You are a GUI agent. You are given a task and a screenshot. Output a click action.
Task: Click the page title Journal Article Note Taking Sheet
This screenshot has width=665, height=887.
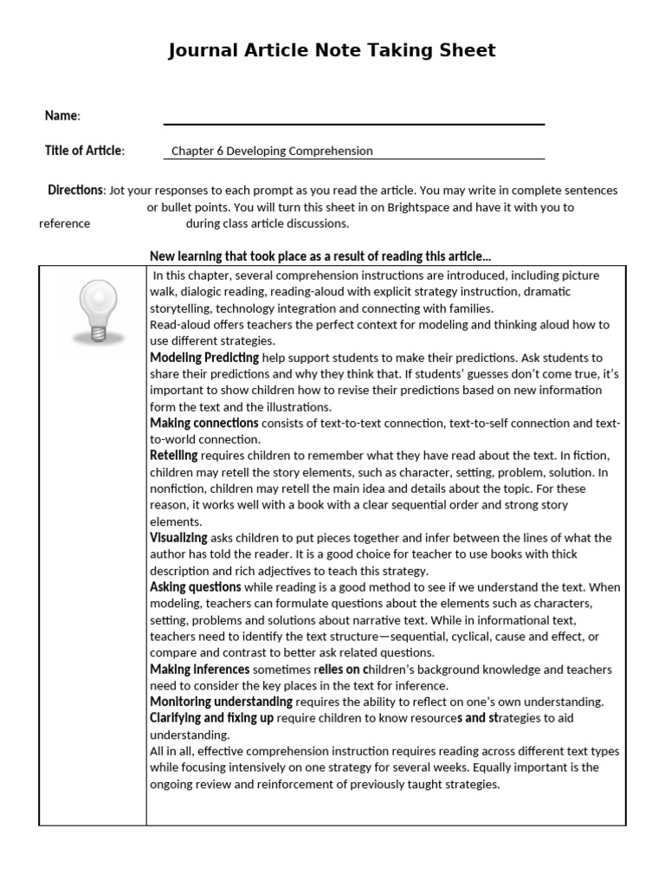[x=332, y=50]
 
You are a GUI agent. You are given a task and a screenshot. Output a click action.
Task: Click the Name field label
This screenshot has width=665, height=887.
[x=62, y=116]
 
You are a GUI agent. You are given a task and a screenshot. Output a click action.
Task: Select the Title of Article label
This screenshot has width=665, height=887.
[x=84, y=151]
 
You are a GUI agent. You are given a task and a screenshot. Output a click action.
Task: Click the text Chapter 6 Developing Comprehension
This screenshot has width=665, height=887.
[x=272, y=151]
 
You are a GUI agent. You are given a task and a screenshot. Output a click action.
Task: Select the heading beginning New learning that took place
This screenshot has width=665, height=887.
[x=320, y=256]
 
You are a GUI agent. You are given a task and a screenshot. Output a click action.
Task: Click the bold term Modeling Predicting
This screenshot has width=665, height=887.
[x=204, y=358]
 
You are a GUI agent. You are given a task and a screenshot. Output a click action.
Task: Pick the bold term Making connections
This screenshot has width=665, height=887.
[x=204, y=424]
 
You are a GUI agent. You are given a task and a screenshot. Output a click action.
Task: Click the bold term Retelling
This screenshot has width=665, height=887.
[x=174, y=456]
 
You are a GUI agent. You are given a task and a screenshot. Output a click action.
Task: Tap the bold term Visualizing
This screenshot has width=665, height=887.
[x=178, y=538]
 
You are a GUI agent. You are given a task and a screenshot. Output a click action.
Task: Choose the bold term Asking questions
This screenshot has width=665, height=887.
[x=196, y=587]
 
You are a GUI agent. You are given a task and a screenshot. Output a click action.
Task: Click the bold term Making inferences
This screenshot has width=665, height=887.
[x=200, y=670]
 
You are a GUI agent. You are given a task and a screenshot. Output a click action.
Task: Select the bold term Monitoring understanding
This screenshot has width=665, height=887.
[x=221, y=702]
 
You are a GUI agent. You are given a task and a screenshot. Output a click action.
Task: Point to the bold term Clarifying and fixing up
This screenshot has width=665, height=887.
[x=212, y=718]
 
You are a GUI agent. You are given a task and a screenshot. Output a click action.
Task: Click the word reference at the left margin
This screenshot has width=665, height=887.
[x=64, y=223]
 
